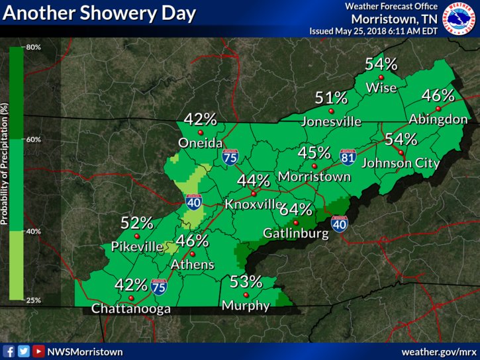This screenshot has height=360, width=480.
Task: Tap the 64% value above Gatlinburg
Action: [295, 210]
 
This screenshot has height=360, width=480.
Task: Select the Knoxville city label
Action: [253, 205]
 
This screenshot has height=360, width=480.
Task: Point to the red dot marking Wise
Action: [381, 77]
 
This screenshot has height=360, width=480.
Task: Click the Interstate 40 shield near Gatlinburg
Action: [339, 224]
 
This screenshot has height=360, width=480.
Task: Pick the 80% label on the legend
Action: [34, 47]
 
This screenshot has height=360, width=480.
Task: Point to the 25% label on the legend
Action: [34, 300]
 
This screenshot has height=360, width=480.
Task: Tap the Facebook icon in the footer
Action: [9, 351]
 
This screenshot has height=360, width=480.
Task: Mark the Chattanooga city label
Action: [131, 309]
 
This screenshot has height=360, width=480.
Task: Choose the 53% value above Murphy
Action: [246, 281]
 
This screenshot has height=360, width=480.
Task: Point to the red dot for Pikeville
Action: [138, 236]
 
